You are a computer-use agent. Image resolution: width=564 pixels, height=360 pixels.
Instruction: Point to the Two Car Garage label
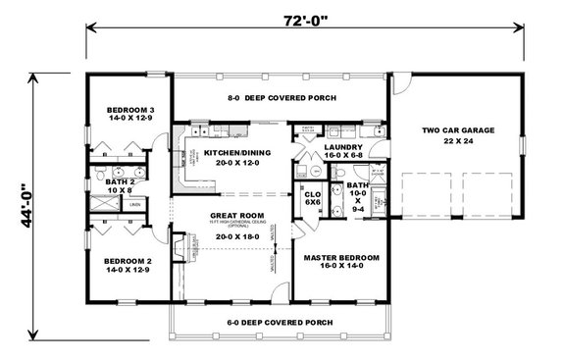[x=458, y=129]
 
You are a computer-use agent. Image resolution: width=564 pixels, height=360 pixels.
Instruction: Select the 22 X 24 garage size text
[x=458, y=140]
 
